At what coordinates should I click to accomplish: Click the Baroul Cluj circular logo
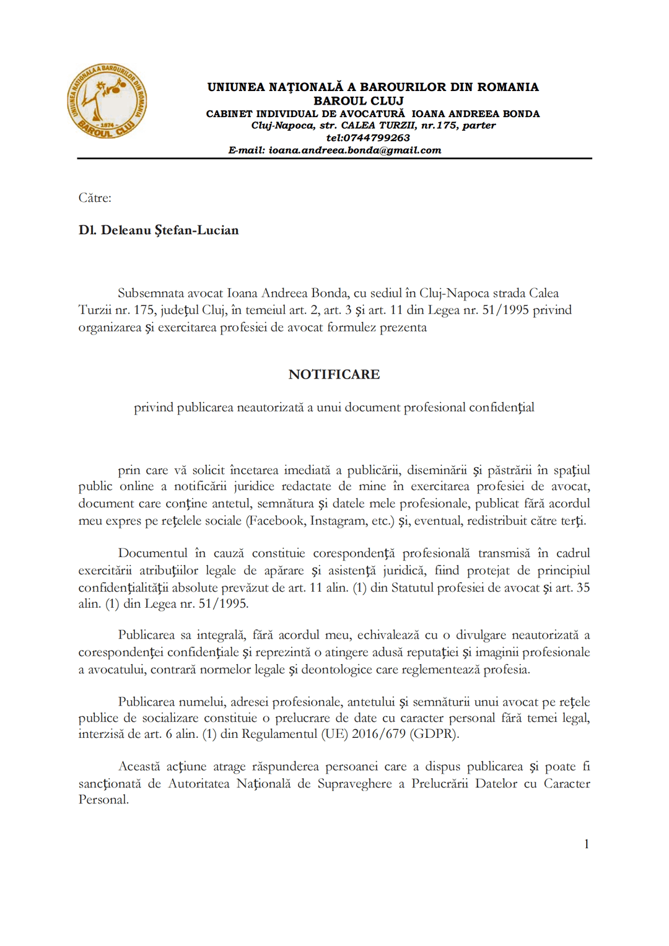[x=107, y=101]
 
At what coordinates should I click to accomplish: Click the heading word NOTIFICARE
[x=334, y=374]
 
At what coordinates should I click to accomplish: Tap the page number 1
[x=586, y=844]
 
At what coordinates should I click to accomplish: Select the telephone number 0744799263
[x=377, y=138]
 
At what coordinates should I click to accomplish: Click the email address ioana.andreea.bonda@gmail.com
[x=354, y=150]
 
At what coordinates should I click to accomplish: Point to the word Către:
[x=95, y=198]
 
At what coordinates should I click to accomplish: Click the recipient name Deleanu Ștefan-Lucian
[x=170, y=230]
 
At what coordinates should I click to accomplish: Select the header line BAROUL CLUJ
[x=358, y=101]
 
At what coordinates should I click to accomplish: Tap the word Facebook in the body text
[x=275, y=520]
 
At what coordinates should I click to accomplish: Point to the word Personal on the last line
[x=103, y=800]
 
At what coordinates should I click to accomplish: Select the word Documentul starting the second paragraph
[x=152, y=553]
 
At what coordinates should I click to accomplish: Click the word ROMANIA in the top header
[x=507, y=87]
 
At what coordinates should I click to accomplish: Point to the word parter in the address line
[x=479, y=125]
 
